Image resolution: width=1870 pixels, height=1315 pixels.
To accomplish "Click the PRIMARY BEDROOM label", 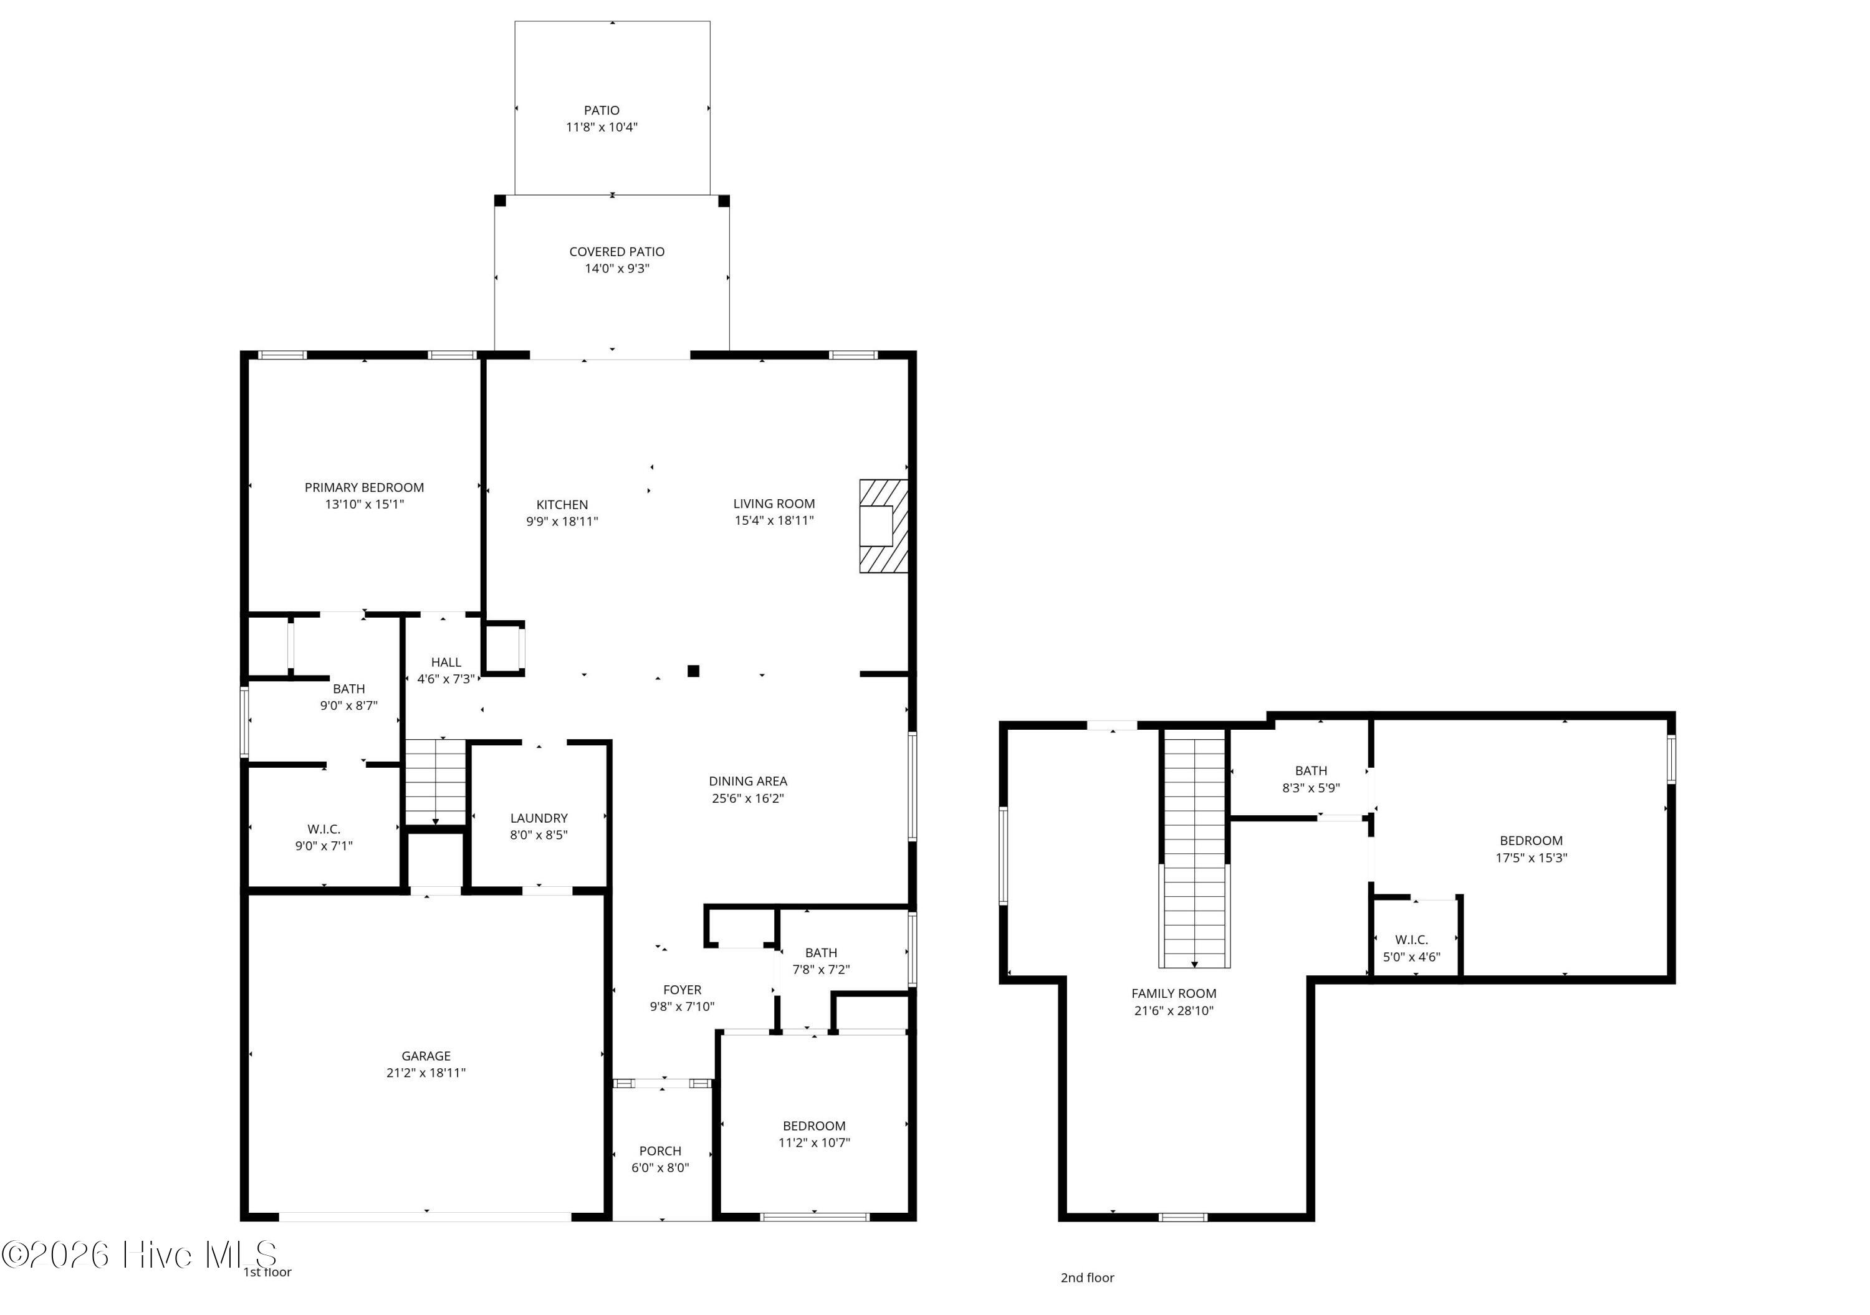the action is tap(364, 487).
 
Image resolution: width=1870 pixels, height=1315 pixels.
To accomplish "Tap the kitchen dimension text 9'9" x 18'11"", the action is tap(562, 521).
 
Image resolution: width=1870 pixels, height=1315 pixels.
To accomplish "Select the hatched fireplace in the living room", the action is tap(884, 526).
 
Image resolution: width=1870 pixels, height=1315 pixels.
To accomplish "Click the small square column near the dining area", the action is tap(693, 671).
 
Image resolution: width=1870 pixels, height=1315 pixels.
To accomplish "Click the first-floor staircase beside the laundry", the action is tap(436, 782).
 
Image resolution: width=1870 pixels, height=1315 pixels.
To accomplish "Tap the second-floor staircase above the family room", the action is tap(1194, 848).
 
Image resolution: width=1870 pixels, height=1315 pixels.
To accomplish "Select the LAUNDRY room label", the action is tap(539, 818).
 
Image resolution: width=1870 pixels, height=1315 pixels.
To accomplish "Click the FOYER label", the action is tap(683, 989).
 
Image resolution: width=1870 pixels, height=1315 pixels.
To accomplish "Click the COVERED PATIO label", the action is tap(616, 252).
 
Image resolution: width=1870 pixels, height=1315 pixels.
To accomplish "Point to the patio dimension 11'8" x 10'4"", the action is tap(602, 127).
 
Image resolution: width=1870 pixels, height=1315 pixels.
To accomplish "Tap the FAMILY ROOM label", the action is tap(1174, 993).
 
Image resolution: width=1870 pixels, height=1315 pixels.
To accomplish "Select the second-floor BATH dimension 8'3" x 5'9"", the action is tap(1311, 787).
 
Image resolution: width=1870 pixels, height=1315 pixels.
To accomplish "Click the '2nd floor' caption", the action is tap(1087, 1277).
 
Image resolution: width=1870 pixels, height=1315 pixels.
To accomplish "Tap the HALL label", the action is tap(446, 662).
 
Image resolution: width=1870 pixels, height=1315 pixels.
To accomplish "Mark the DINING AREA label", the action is tap(747, 781).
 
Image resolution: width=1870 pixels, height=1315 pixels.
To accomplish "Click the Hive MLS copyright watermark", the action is tap(140, 1254).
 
